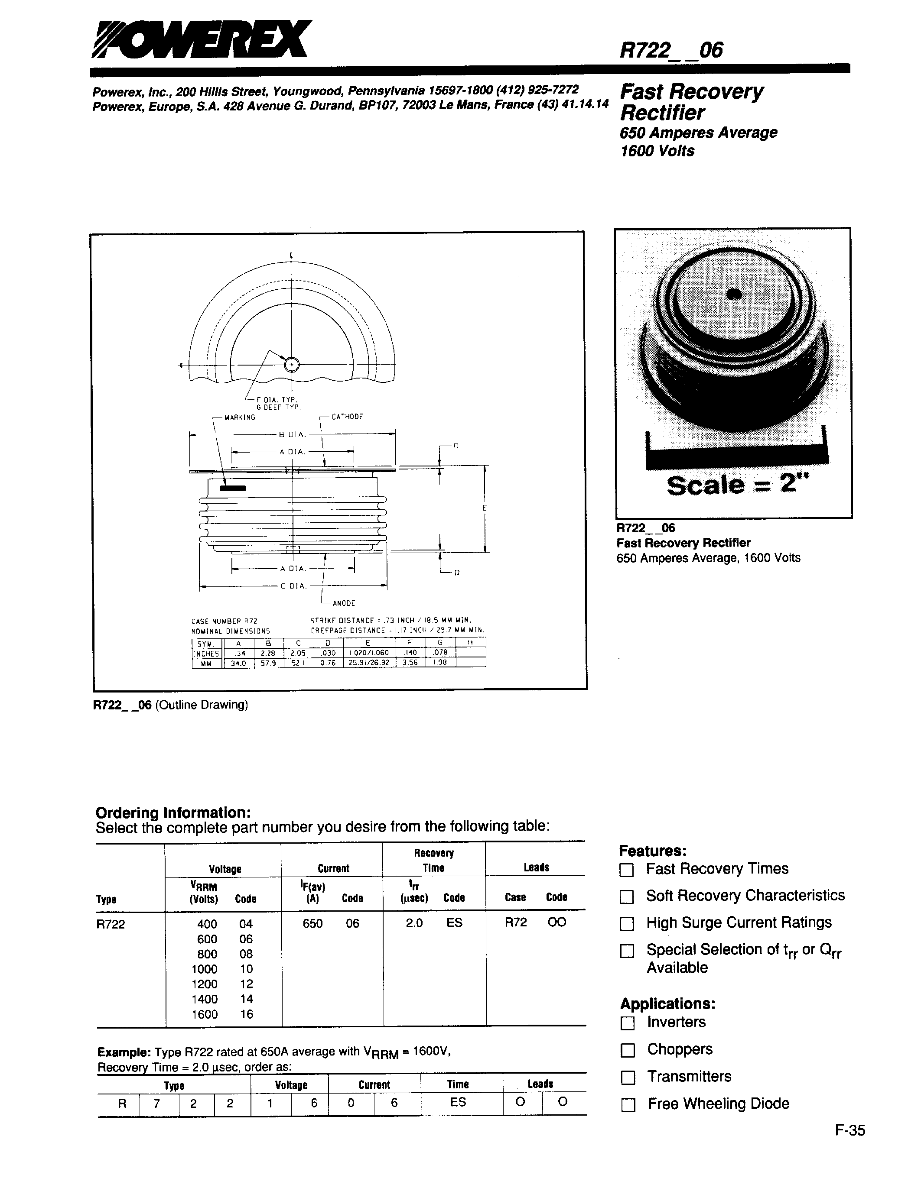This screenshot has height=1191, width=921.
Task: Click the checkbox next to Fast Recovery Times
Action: point(627,870)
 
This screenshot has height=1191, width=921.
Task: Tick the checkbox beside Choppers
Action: point(628,1050)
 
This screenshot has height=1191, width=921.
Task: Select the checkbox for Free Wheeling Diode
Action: point(628,1105)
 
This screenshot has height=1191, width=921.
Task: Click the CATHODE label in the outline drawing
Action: point(347,417)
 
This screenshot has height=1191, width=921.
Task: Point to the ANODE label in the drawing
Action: point(344,603)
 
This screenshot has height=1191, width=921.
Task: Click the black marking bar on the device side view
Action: point(233,488)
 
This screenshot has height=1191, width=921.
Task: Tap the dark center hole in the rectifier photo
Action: point(734,295)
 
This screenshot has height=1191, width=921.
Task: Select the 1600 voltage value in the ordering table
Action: point(205,1014)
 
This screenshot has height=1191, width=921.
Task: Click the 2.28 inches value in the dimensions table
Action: point(268,653)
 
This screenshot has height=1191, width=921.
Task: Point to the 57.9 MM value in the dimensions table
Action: point(268,663)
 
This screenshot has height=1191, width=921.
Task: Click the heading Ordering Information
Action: point(173,812)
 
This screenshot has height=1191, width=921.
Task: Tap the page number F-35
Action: point(849,1130)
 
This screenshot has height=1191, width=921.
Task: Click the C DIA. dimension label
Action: point(293,586)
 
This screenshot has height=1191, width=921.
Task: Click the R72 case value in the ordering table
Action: point(516,922)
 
